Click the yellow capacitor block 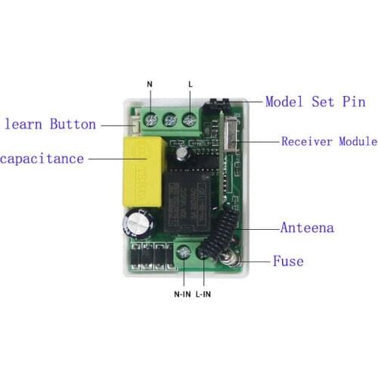tap(144, 172)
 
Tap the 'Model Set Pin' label tap(315, 102)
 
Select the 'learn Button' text tap(51, 124)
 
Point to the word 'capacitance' tap(42, 160)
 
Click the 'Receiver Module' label tap(330, 141)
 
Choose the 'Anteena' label tap(307, 228)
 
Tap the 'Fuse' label tap(288, 261)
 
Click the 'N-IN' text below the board tap(182, 294)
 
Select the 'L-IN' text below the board tap(203, 294)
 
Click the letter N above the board tap(150, 84)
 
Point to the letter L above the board tap(191, 84)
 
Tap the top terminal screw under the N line tap(150, 119)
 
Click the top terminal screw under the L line tap(190, 119)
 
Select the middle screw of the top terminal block tap(170, 120)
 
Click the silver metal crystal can tap(231, 135)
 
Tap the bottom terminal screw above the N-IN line tap(184, 253)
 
